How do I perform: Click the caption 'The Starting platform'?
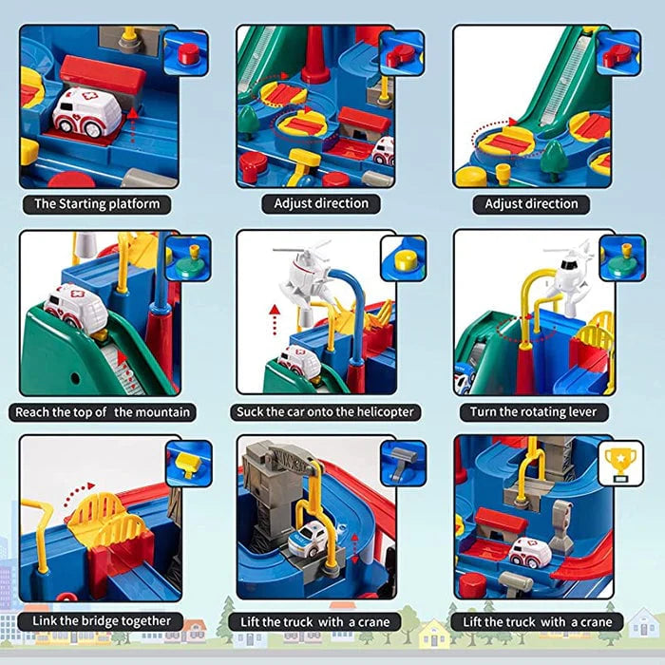point(97,203)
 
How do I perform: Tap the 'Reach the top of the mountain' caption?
point(104,412)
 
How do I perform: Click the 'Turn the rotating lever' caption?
point(532,412)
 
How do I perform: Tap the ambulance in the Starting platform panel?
point(85,113)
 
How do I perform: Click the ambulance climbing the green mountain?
point(75,310)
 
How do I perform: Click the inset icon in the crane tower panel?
point(403,463)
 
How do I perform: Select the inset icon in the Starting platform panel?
point(185,52)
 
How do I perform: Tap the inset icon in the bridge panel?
point(188,463)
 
